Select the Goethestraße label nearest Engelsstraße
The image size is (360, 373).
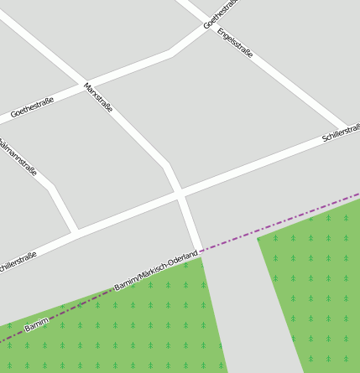[x=221, y=13]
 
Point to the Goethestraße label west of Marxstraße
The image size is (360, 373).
[x=33, y=107]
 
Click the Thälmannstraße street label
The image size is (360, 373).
[x=18, y=158]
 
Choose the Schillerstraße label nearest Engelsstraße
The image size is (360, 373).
[x=341, y=132]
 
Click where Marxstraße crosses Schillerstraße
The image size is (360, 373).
[x=180, y=194]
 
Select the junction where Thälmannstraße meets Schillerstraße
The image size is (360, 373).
[x=76, y=231]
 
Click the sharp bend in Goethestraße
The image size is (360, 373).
[x=171, y=53]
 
